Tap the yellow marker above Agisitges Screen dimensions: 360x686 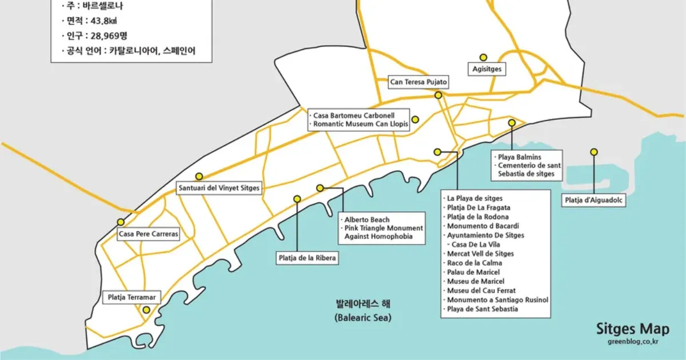(483, 57)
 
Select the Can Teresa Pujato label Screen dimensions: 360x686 (417, 82)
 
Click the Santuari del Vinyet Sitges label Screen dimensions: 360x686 (219, 188)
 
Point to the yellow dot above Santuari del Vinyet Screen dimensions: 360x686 (199, 176)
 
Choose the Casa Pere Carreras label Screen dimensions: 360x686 (148, 234)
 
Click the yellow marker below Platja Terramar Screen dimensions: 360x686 (146, 310)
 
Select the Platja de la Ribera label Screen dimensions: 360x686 (306, 258)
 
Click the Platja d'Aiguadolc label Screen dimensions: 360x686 (594, 201)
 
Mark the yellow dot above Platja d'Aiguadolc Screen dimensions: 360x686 (594, 152)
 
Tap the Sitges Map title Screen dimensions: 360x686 (632, 329)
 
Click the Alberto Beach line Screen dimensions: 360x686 (367, 219)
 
